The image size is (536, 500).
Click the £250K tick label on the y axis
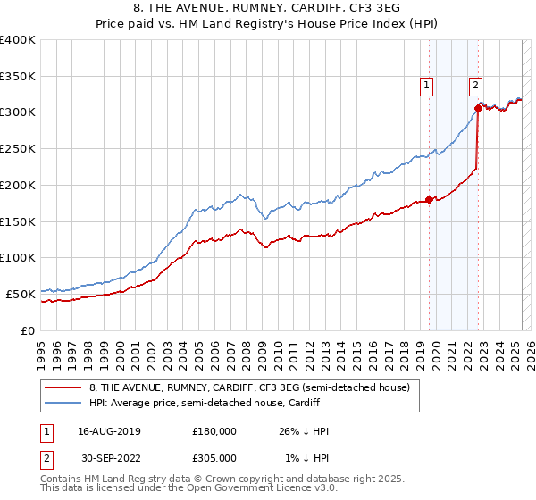tap(18, 148)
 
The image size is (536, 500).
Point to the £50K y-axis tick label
tap(21, 293)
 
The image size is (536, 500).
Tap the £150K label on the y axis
tap(18, 221)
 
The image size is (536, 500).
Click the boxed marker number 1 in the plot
tap(426, 86)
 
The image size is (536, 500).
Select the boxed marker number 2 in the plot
tap(474, 86)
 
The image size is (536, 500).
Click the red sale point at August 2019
tap(429, 199)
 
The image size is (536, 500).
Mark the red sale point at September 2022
tap(478, 108)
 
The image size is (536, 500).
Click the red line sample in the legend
tap(64, 387)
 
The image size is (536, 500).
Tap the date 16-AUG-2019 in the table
tap(103, 431)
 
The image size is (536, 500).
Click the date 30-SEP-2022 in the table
tap(103, 458)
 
